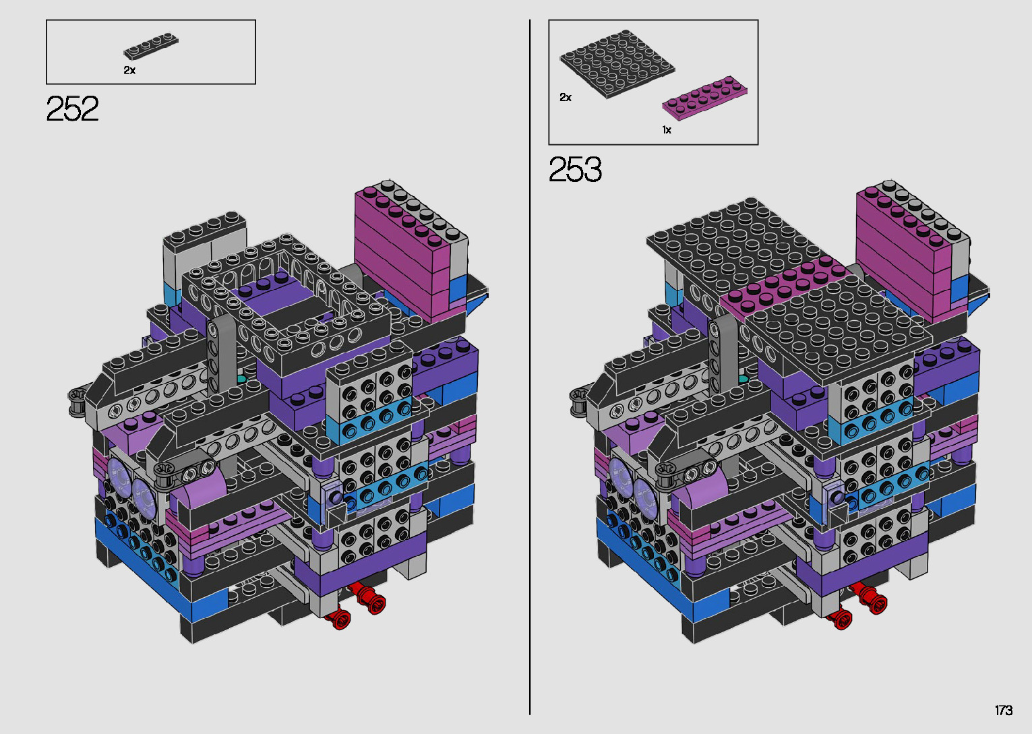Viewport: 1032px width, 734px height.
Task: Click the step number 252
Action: click(x=72, y=109)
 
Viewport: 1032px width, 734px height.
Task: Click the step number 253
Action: click(x=575, y=169)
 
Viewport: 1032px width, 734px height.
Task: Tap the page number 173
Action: click(x=1004, y=710)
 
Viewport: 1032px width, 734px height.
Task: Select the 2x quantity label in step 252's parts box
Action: click(x=129, y=70)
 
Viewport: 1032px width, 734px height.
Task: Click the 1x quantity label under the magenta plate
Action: click(x=667, y=130)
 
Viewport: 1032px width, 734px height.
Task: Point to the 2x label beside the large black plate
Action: click(x=566, y=97)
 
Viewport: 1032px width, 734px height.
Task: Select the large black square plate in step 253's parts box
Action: click(x=617, y=64)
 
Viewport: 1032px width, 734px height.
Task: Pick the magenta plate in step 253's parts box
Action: click(x=705, y=98)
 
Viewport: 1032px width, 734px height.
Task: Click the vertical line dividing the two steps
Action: click(x=530, y=367)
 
